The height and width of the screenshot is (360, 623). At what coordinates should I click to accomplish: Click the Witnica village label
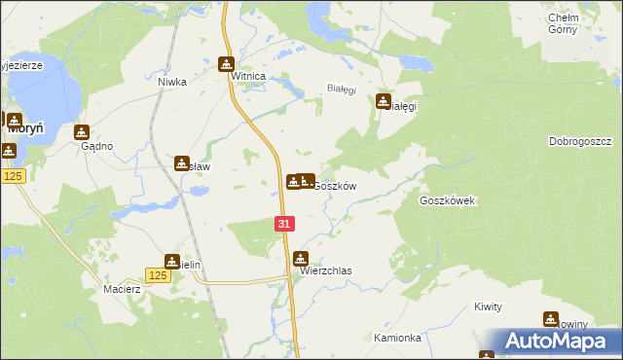pos(247,85)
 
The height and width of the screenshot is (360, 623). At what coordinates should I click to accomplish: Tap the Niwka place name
pos(172,83)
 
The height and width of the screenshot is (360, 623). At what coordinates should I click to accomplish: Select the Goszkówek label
pos(446,200)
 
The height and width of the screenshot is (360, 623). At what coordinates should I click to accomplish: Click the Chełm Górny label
pos(564,23)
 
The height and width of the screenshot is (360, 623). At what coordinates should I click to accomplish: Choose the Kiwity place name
pos(488,306)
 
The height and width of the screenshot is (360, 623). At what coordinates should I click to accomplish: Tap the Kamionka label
pos(397,338)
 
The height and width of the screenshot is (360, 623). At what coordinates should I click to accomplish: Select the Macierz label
pos(123,289)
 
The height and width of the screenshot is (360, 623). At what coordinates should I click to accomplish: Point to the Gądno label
pos(97,146)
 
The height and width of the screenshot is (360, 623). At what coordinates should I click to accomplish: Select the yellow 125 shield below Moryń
pos(13,175)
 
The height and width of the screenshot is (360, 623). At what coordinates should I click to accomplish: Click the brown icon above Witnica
pos(227,65)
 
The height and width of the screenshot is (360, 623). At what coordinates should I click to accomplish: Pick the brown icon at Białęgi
pos(385,100)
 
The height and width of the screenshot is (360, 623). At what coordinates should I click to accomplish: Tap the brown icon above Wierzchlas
pos(301,259)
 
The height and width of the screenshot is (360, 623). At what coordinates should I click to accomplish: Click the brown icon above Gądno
pos(82,132)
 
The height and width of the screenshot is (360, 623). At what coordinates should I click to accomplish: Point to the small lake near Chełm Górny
pos(416,63)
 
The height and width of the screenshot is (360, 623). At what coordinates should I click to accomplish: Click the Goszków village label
pos(335,186)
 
